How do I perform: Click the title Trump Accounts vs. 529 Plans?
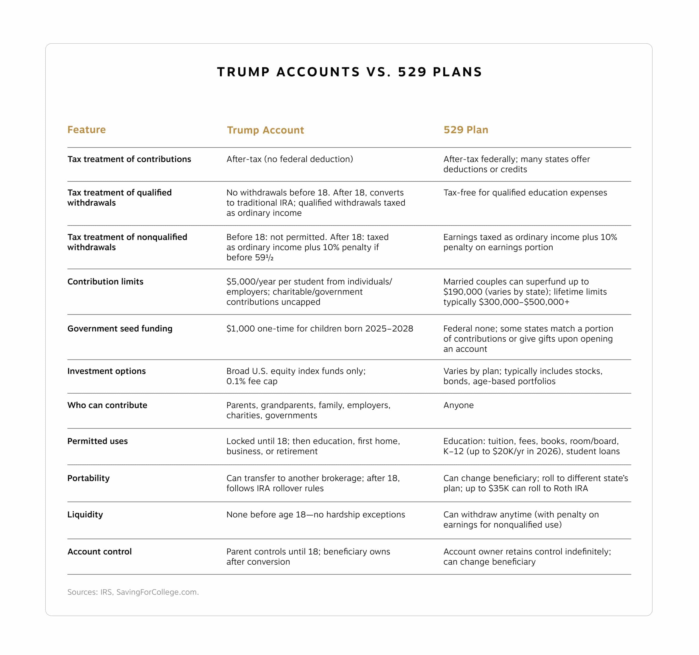coord(349,72)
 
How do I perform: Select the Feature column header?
coord(87,130)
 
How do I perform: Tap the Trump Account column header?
coord(265,130)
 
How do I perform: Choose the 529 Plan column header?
coord(466,130)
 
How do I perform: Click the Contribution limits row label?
coord(105,281)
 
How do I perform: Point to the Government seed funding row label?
coord(120,328)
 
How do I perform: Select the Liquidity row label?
coord(85,514)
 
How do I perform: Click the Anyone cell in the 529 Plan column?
coord(458,405)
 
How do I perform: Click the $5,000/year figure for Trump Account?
coord(251,281)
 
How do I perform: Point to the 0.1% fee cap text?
coord(252,381)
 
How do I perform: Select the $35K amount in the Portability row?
coord(499,488)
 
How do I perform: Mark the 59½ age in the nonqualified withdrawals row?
coord(264,258)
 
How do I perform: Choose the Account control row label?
coord(99,552)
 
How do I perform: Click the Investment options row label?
coord(106,371)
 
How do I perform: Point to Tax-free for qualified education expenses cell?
coord(525,193)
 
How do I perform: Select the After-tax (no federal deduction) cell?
coord(289,159)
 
